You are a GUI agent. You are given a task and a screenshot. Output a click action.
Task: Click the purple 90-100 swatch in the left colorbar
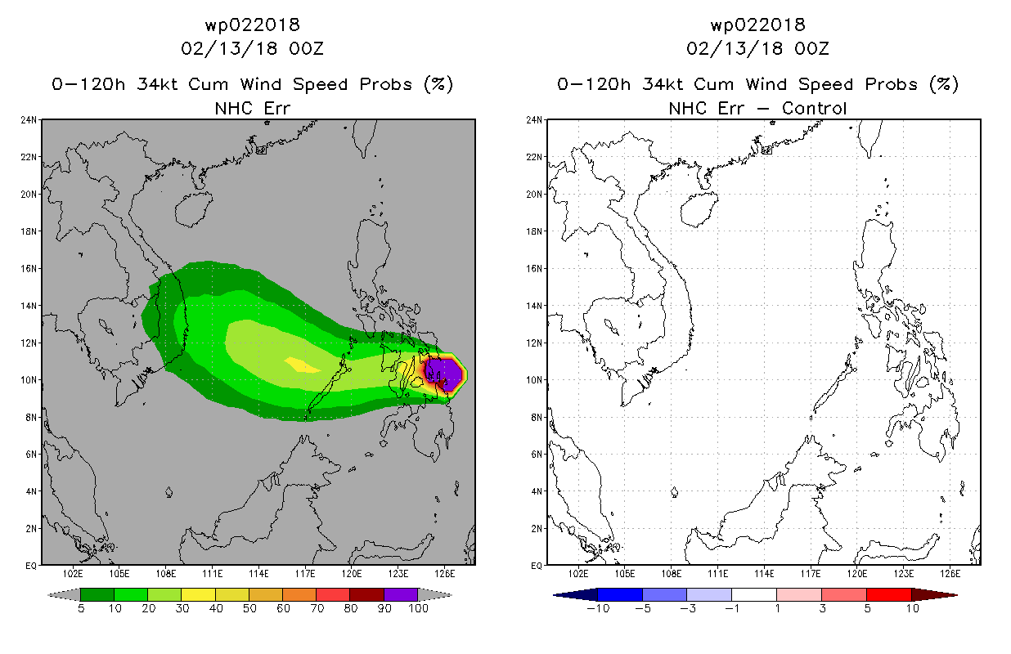[x=401, y=594]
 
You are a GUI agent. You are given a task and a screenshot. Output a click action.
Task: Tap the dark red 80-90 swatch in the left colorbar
[x=366, y=594]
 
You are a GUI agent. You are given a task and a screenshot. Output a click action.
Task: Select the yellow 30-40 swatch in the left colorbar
[x=198, y=594]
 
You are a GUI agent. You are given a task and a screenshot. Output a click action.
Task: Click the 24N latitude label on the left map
[x=29, y=120]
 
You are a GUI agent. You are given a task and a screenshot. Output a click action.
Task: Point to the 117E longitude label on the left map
[x=305, y=574]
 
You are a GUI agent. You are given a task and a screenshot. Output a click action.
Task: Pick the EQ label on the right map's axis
[x=537, y=566]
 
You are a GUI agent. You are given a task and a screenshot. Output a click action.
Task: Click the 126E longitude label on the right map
[x=950, y=574]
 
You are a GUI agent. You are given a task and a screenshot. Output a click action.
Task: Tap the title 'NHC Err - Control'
[x=757, y=109]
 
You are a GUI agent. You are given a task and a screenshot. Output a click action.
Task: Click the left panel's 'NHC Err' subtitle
[x=252, y=109]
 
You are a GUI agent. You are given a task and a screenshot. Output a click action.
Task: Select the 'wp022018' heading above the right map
[x=757, y=25]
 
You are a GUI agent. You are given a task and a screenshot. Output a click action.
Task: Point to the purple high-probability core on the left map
[x=445, y=374]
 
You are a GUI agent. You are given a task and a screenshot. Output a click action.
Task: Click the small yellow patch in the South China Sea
[x=302, y=365]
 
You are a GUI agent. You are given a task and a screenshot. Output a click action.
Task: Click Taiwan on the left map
[x=364, y=137]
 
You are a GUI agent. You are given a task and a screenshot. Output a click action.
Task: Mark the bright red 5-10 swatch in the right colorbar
[x=889, y=594]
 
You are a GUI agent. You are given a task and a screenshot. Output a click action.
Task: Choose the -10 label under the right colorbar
[x=598, y=608]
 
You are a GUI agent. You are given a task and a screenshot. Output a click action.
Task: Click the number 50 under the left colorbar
[x=249, y=608]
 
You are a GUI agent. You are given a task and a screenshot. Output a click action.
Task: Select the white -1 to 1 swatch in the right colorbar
[x=754, y=594]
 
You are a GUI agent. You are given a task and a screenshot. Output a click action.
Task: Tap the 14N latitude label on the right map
[x=534, y=306]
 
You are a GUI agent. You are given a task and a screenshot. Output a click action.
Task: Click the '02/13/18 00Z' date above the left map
[x=252, y=48]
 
